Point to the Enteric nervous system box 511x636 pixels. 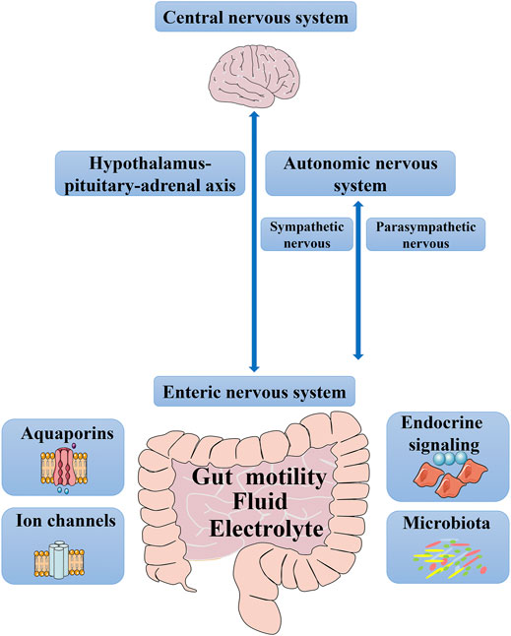coord(255,392)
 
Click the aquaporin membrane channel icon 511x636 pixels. coord(64,469)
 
